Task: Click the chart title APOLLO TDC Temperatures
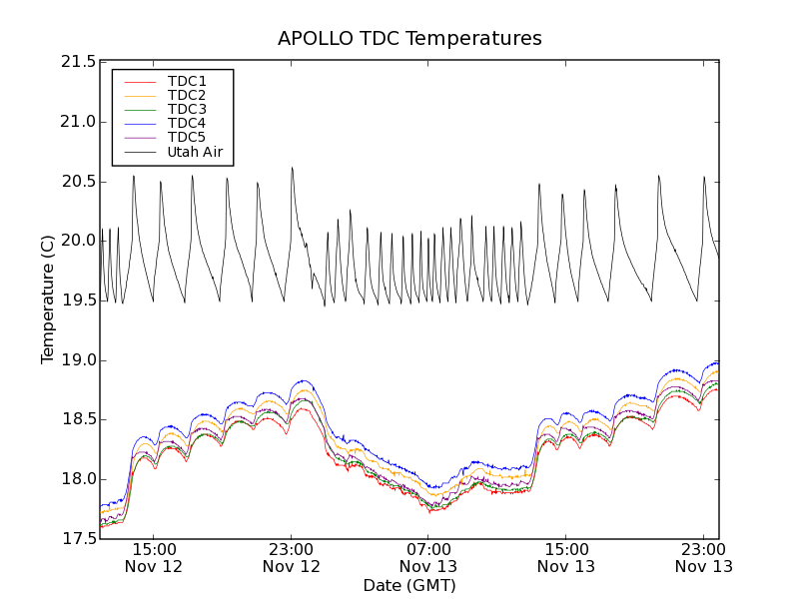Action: tap(409, 39)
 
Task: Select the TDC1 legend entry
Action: tap(187, 81)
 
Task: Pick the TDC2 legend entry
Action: tap(187, 95)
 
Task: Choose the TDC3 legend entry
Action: tap(187, 109)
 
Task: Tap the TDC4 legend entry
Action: tap(187, 123)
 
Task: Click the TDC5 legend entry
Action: tap(187, 137)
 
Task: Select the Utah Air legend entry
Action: tap(194, 152)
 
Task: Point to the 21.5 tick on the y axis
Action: tap(78, 62)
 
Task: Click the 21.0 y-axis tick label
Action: tap(78, 122)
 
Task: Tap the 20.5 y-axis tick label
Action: tap(78, 182)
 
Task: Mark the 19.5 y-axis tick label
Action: tap(78, 300)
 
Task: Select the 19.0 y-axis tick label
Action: tap(78, 360)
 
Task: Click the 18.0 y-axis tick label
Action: tap(78, 479)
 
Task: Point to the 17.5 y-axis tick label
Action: tap(78, 539)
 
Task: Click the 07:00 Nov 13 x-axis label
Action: tap(428, 557)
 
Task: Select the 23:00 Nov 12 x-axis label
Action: tap(292, 557)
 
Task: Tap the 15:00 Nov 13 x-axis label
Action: tap(566, 557)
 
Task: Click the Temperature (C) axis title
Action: tap(48, 299)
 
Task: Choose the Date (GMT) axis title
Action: tap(409, 585)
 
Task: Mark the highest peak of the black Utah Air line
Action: tap(292, 168)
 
